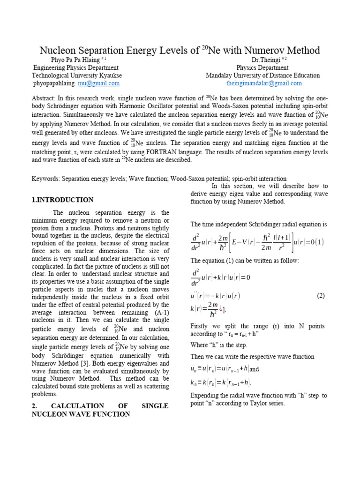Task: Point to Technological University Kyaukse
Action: pos(77,75)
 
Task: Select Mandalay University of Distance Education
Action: pos(262,75)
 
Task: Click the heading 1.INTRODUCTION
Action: pos(62,200)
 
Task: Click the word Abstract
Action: pos(44,98)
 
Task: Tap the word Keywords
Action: pos(46,179)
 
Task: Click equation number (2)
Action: pos(321,296)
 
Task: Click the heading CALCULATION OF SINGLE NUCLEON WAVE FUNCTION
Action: pos(100,410)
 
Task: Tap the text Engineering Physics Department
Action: pos(75,67)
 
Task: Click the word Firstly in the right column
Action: pos(201,326)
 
